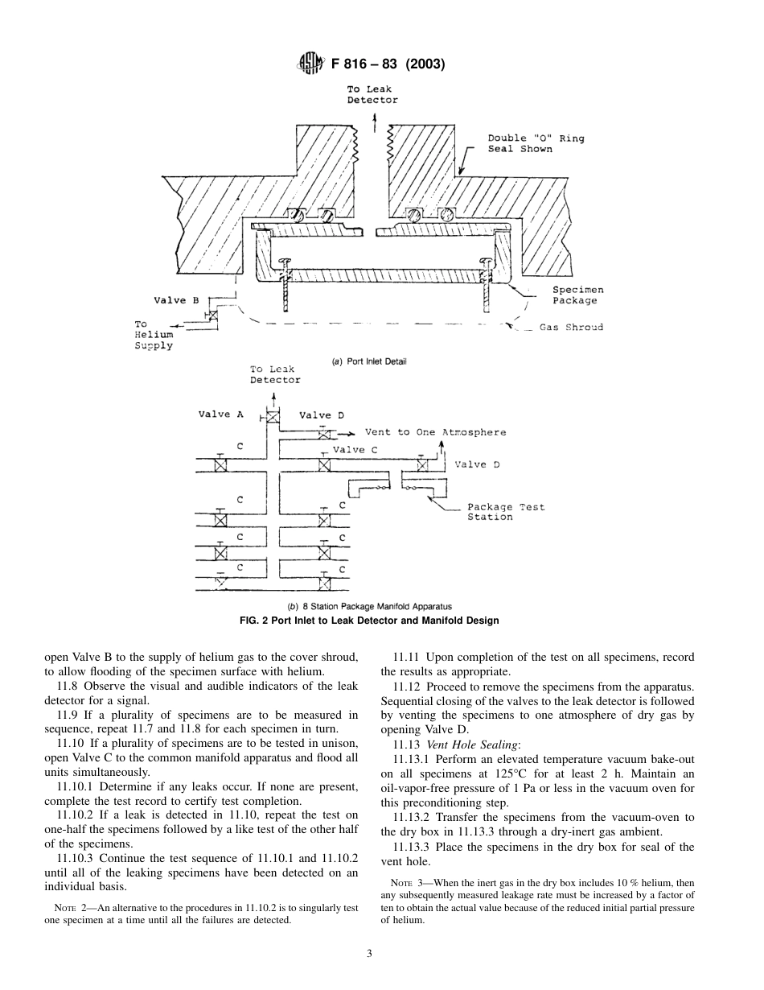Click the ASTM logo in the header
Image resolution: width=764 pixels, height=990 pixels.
pos(310,64)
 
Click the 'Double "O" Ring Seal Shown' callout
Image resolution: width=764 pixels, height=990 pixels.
pos(536,143)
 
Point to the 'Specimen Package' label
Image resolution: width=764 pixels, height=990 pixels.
pos(577,295)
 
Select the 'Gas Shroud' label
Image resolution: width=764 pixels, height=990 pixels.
pos(571,328)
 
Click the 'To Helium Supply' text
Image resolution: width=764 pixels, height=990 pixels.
pos(154,335)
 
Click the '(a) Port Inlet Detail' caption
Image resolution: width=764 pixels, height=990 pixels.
pos(369,361)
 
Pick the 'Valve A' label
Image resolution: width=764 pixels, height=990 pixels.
pos(220,415)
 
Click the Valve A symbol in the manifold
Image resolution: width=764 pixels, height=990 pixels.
pos(273,417)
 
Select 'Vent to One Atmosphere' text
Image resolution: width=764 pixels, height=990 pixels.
pos(435,432)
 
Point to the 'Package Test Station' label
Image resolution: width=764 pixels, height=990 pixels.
pos(506,512)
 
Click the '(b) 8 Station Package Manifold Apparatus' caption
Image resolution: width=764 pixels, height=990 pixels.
pos(369,607)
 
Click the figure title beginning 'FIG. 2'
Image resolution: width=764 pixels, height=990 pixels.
pos(369,621)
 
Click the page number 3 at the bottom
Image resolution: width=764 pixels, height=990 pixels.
pos(369,954)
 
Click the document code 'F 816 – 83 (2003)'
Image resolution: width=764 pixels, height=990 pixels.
pos(388,64)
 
